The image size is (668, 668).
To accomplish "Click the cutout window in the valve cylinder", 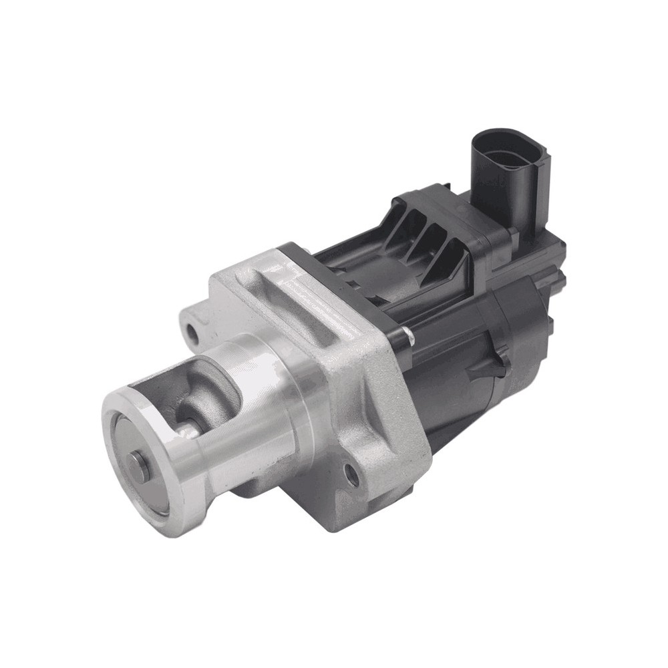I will [x=200, y=394].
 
